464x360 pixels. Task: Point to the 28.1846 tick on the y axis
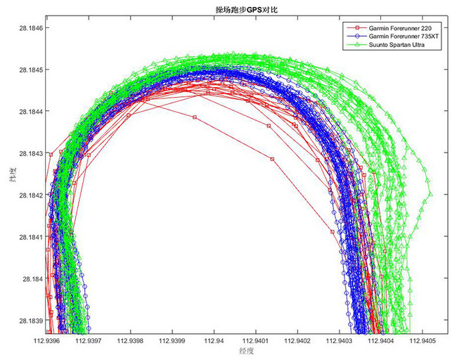[27, 28]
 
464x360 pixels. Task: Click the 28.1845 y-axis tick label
[27, 70]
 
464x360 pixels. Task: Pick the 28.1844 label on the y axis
[27, 112]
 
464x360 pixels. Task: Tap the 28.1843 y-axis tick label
[27, 153]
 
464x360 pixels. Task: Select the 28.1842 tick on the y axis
[27, 195]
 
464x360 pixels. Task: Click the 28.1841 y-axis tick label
[27, 237]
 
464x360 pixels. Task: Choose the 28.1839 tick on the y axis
[27, 320]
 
